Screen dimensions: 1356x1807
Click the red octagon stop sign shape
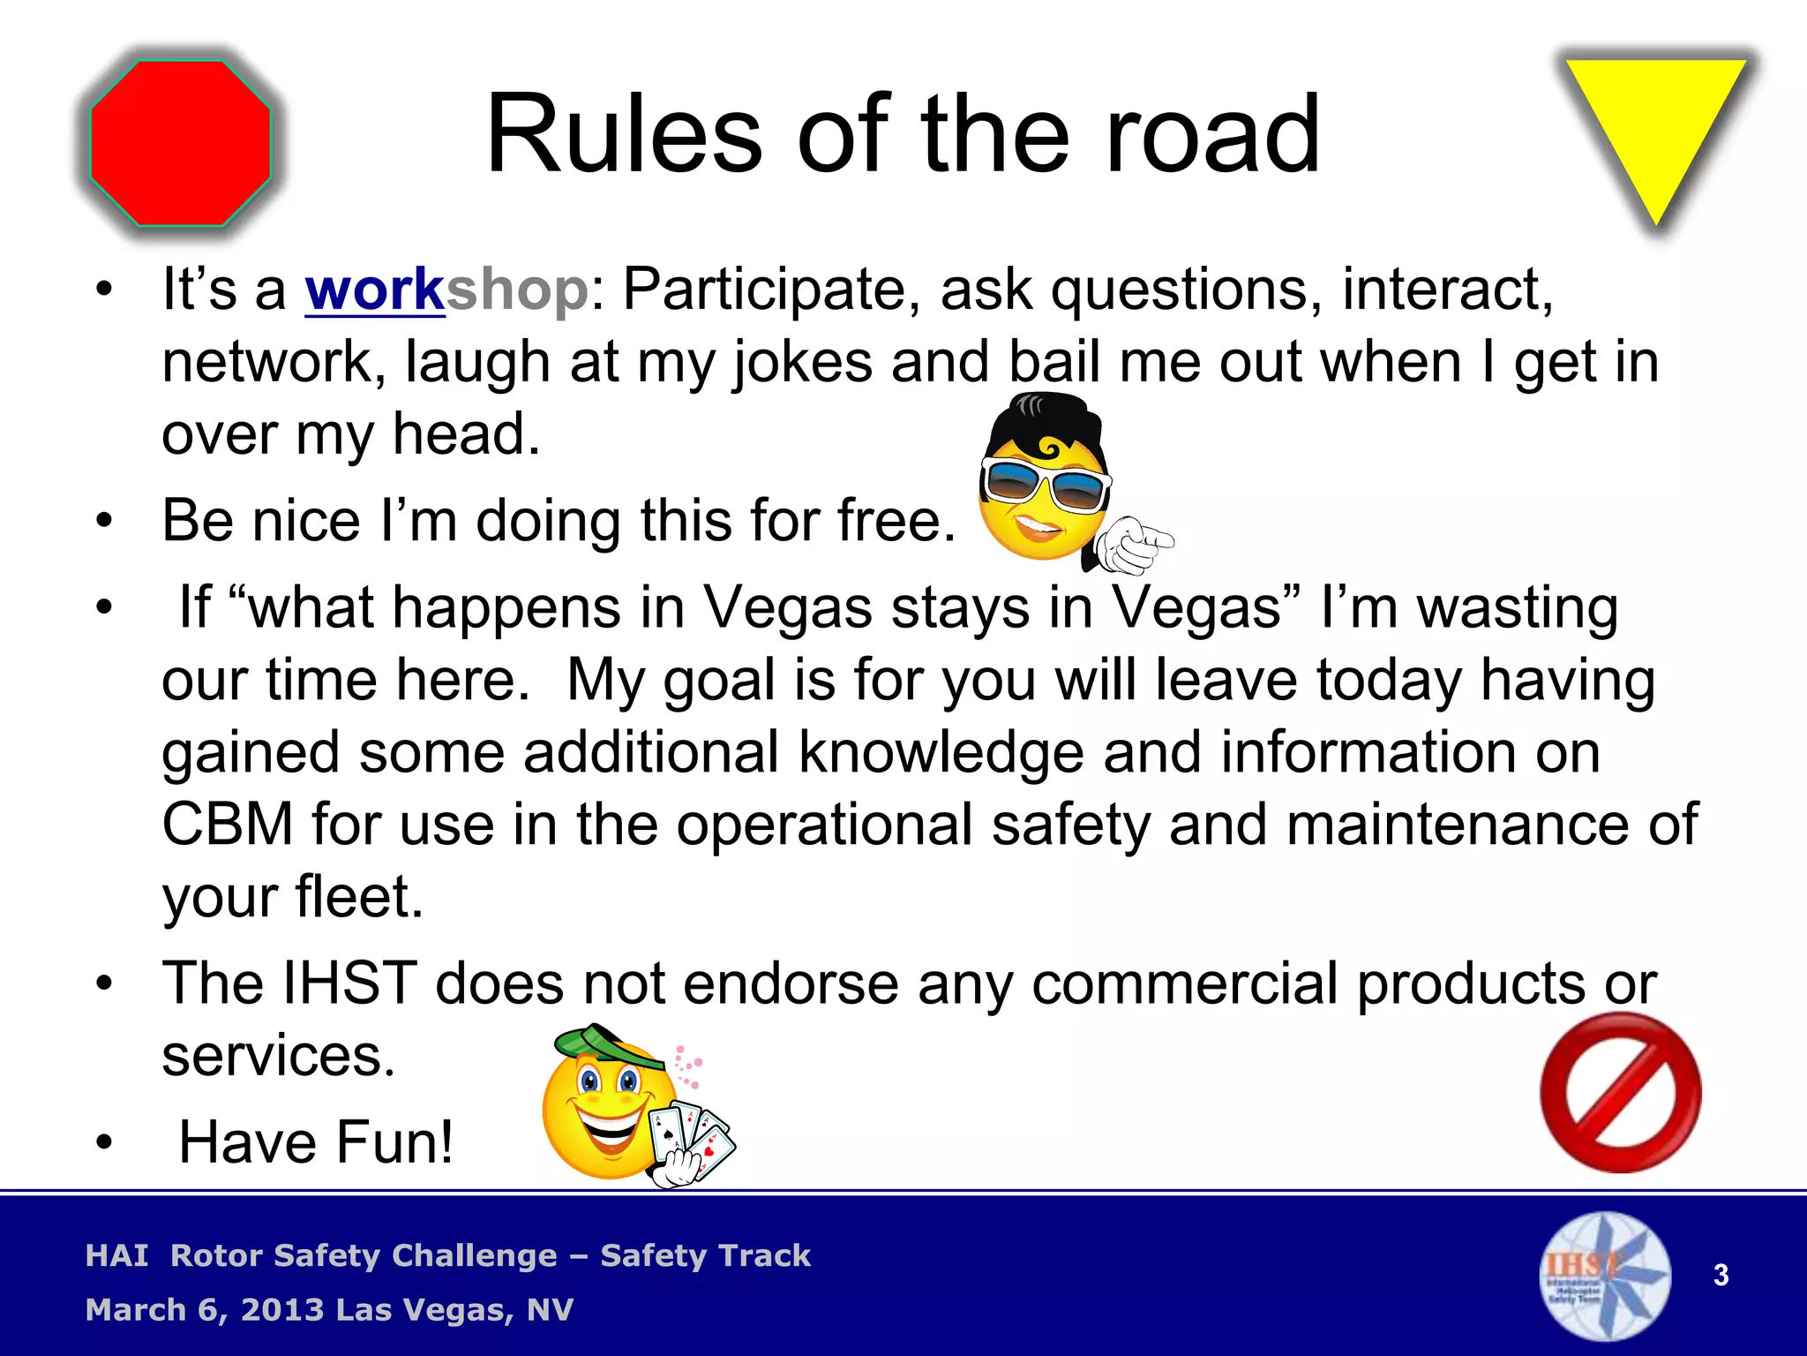181,143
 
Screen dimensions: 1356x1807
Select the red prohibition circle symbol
1621,1093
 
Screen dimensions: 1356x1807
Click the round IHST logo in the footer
1605,1275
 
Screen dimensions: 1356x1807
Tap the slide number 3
1721,1275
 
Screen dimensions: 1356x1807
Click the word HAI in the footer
116,1255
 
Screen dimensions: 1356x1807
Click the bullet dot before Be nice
105,521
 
